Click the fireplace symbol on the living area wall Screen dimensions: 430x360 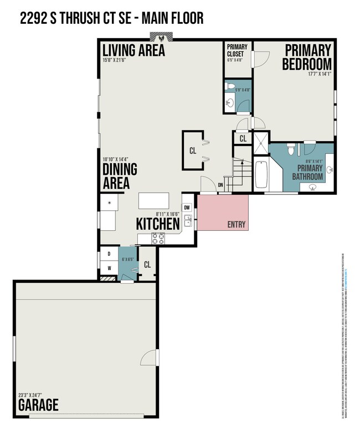[x=162, y=39]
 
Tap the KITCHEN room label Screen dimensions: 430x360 [x=158, y=224]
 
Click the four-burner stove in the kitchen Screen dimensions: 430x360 [x=158, y=239]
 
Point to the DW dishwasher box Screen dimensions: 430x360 [x=187, y=208]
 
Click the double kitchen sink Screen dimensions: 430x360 [x=188, y=221]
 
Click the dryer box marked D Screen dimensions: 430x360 [x=109, y=255]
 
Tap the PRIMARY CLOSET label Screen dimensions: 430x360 [x=237, y=50]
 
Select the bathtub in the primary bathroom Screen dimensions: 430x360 [x=261, y=174]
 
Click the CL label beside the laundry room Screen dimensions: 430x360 [x=147, y=265]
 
